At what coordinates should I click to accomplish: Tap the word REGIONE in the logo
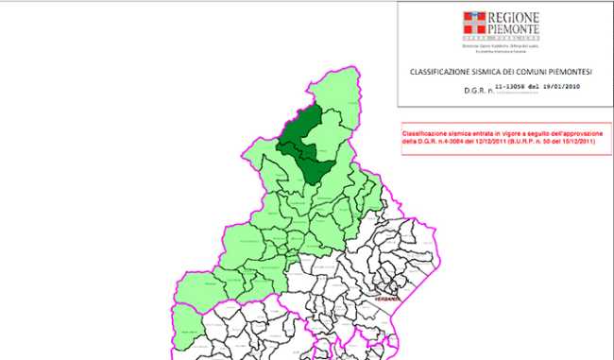point(514,17)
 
